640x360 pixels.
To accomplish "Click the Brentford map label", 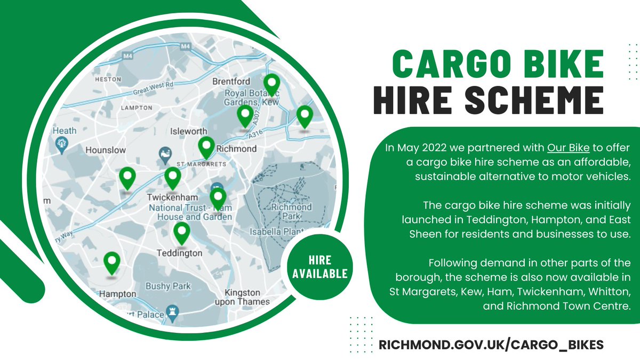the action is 231,82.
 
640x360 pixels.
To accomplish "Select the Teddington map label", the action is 179,253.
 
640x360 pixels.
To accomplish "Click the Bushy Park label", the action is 168,286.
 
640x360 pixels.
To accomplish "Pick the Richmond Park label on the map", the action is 291,212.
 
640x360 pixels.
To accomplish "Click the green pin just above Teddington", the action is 182,233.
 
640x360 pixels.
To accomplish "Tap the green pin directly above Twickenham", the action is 172,178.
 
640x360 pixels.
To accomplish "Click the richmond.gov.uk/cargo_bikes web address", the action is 491,345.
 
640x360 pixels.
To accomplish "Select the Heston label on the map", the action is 105,79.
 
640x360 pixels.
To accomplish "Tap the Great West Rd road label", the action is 155,87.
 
